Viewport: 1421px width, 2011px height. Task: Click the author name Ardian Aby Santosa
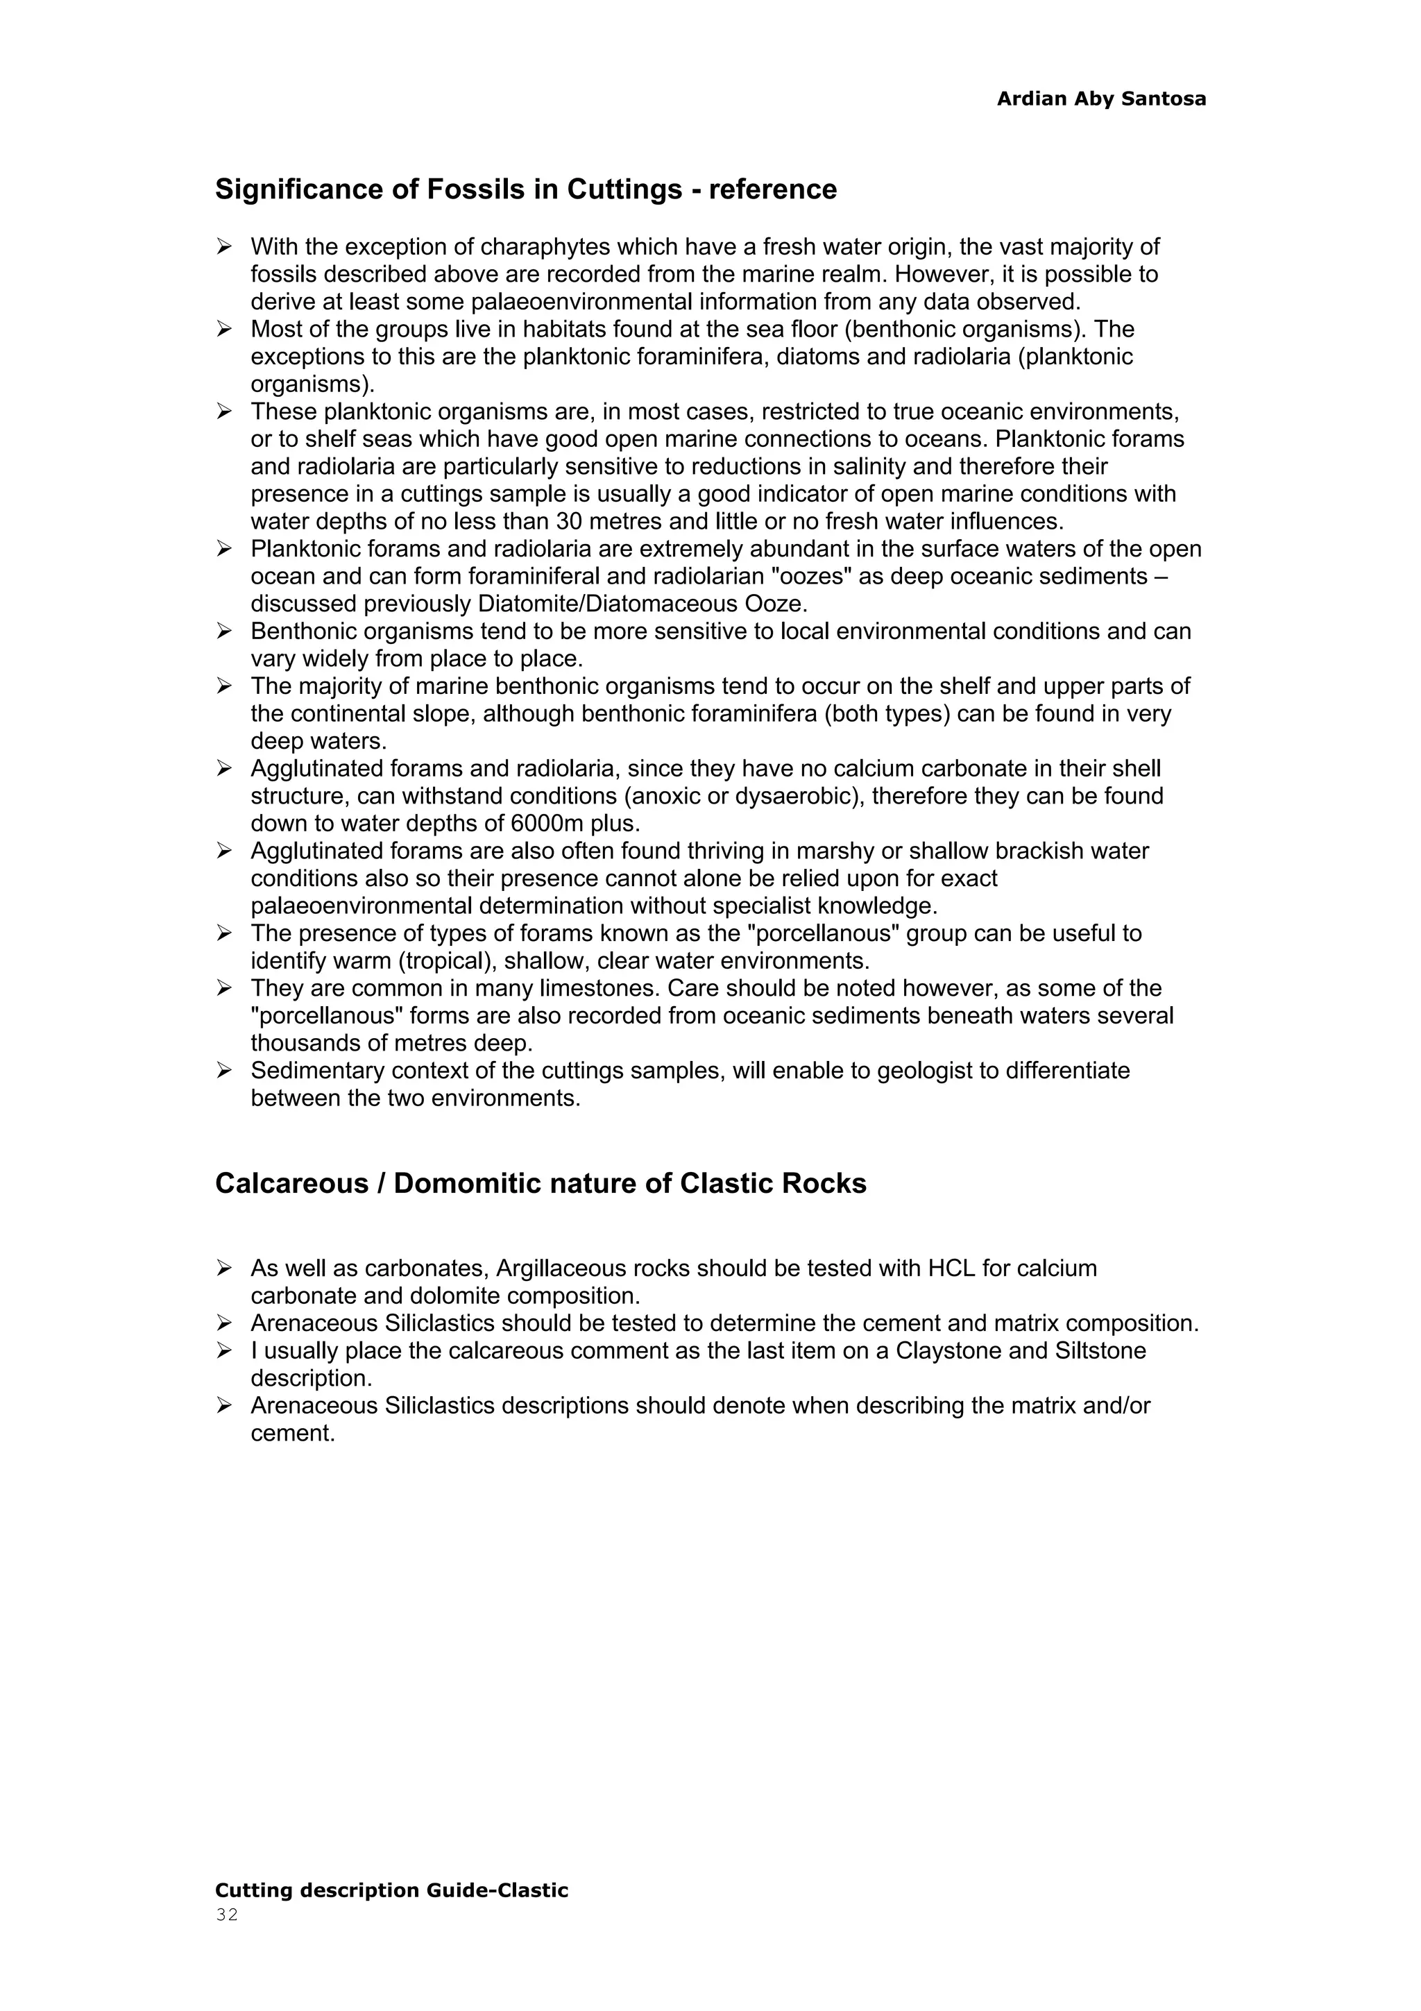click(1100, 99)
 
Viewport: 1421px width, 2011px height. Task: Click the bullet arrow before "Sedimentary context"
click(225, 1070)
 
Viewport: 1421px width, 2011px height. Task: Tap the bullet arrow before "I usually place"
click(225, 1350)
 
